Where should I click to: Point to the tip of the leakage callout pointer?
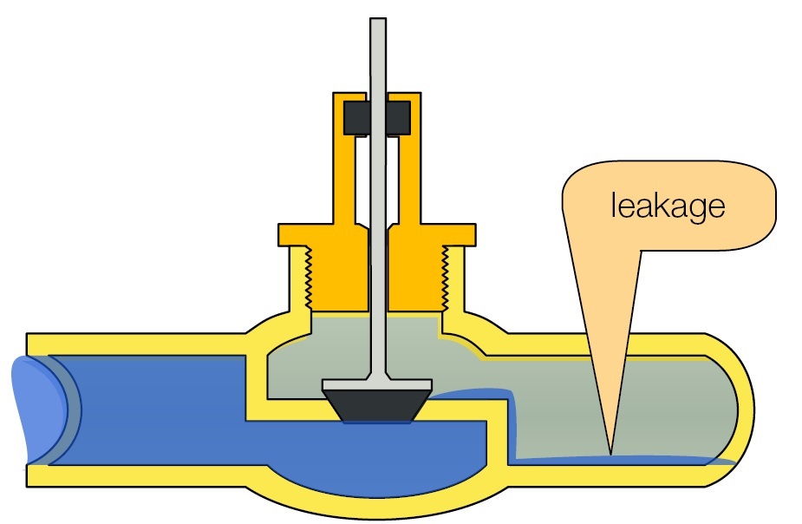click(x=610, y=452)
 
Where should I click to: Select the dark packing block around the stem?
click(x=377, y=118)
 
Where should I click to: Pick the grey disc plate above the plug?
click(x=377, y=384)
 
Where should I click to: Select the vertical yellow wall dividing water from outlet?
click(x=499, y=434)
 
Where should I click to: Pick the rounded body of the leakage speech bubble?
click(x=668, y=204)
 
